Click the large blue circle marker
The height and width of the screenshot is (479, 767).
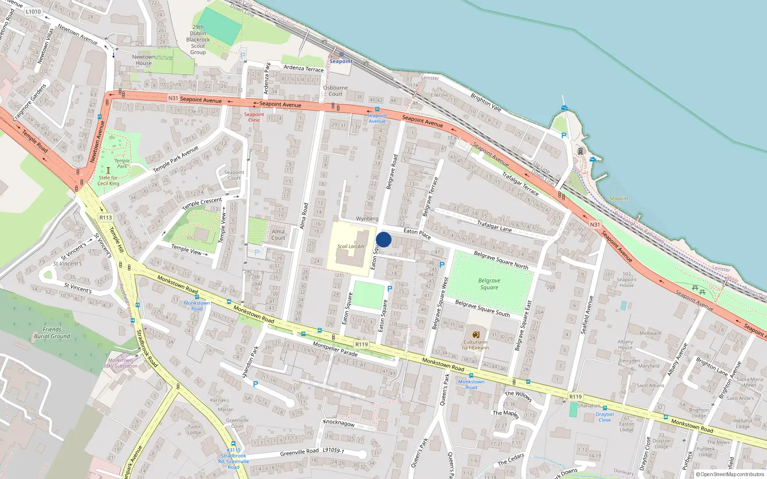tap(383, 239)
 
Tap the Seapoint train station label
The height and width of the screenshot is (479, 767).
tap(341, 61)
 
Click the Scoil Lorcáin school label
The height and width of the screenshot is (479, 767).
tap(350, 246)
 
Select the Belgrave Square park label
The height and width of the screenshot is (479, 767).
tap(489, 284)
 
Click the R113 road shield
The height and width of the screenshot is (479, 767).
tap(105, 217)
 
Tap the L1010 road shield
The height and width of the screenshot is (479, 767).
tap(33, 11)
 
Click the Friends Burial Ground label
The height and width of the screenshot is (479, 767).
tap(52, 333)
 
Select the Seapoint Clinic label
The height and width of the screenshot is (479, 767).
tap(254, 117)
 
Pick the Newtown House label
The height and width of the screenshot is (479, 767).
tap(143, 60)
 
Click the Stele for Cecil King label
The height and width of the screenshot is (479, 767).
tap(108, 180)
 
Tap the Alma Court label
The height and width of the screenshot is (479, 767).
tap(278, 234)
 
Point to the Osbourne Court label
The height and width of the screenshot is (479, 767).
tap(335, 91)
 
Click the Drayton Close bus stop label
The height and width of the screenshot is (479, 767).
tap(604, 417)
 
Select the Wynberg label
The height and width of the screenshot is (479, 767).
tap(367, 218)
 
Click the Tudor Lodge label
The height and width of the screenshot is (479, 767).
tap(194, 429)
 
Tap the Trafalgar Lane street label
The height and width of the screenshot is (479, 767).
tap(494, 226)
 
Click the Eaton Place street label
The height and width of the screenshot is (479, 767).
tap(417, 233)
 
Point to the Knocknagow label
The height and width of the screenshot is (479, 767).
tap(339, 423)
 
